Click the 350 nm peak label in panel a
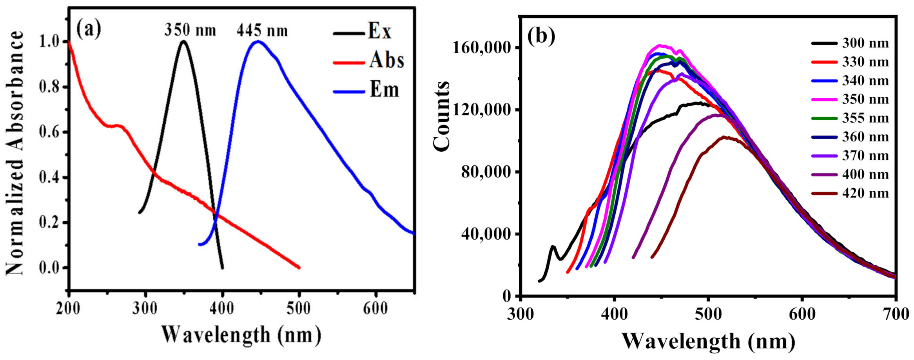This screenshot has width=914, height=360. (190, 30)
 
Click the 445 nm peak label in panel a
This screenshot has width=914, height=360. (262, 31)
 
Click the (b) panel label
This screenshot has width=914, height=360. (541, 36)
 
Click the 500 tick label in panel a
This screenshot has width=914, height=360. (299, 309)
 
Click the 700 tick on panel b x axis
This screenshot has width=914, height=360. (896, 314)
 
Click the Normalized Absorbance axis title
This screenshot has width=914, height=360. (15, 153)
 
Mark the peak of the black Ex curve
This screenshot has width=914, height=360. (183, 41)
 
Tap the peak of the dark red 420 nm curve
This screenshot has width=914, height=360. (724, 137)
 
